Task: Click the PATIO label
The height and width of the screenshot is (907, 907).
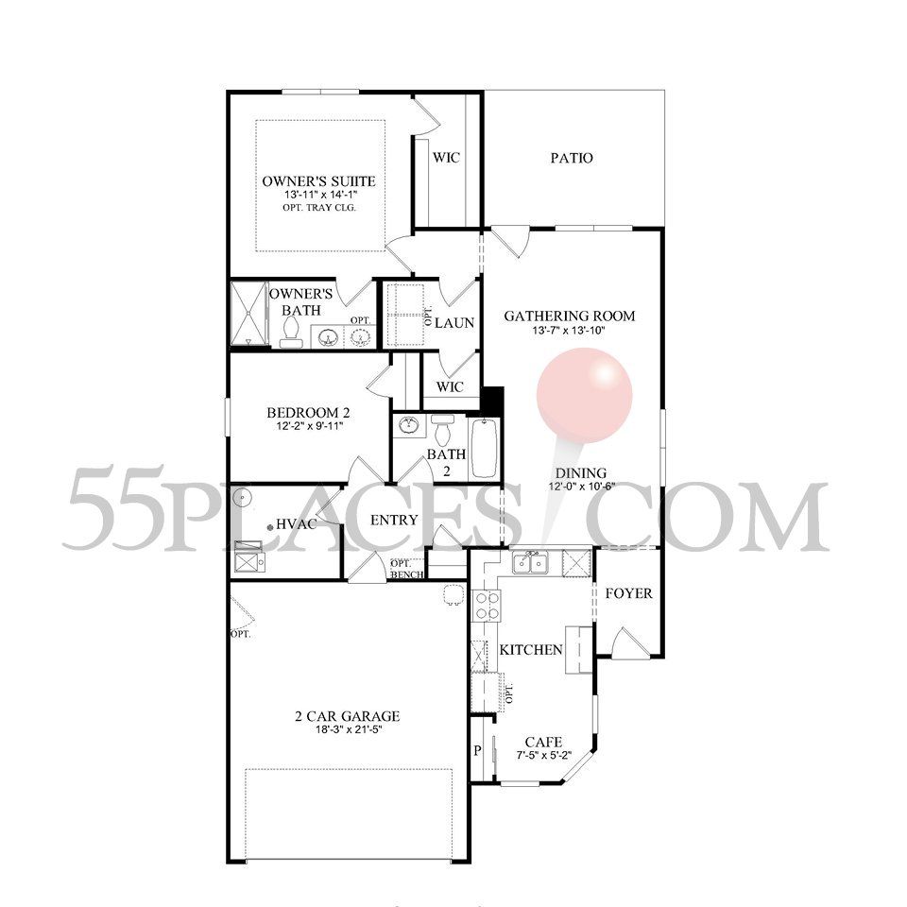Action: coord(572,158)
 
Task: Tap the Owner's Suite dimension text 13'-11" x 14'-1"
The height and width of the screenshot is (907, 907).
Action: coord(320,195)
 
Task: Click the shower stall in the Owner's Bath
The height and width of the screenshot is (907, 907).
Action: coord(248,314)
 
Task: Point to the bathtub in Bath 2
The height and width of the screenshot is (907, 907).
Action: coord(484,448)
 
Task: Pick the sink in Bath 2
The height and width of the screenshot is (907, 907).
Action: coord(410,426)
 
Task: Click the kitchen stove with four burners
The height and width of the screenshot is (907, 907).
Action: coord(486,606)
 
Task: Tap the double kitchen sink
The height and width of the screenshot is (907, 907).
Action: coord(530,563)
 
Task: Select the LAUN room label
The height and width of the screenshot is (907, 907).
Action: coord(454,323)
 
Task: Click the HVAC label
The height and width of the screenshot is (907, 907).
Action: coord(296,524)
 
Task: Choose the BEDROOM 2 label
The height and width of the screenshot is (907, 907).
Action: coord(308,413)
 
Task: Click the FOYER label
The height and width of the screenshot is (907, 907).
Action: coord(629,593)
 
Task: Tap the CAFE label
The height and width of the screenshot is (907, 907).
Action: coord(544,743)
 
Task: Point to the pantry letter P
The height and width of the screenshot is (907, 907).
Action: coord(478,751)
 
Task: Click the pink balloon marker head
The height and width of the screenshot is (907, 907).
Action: coord(584,396)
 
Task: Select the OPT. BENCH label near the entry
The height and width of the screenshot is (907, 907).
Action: coord(406,569)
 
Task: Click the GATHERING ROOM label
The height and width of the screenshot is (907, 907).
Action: coord(570,316)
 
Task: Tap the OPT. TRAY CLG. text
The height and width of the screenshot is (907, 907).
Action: coord(319,208)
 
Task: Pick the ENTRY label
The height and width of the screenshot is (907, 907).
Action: coord(394,520)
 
